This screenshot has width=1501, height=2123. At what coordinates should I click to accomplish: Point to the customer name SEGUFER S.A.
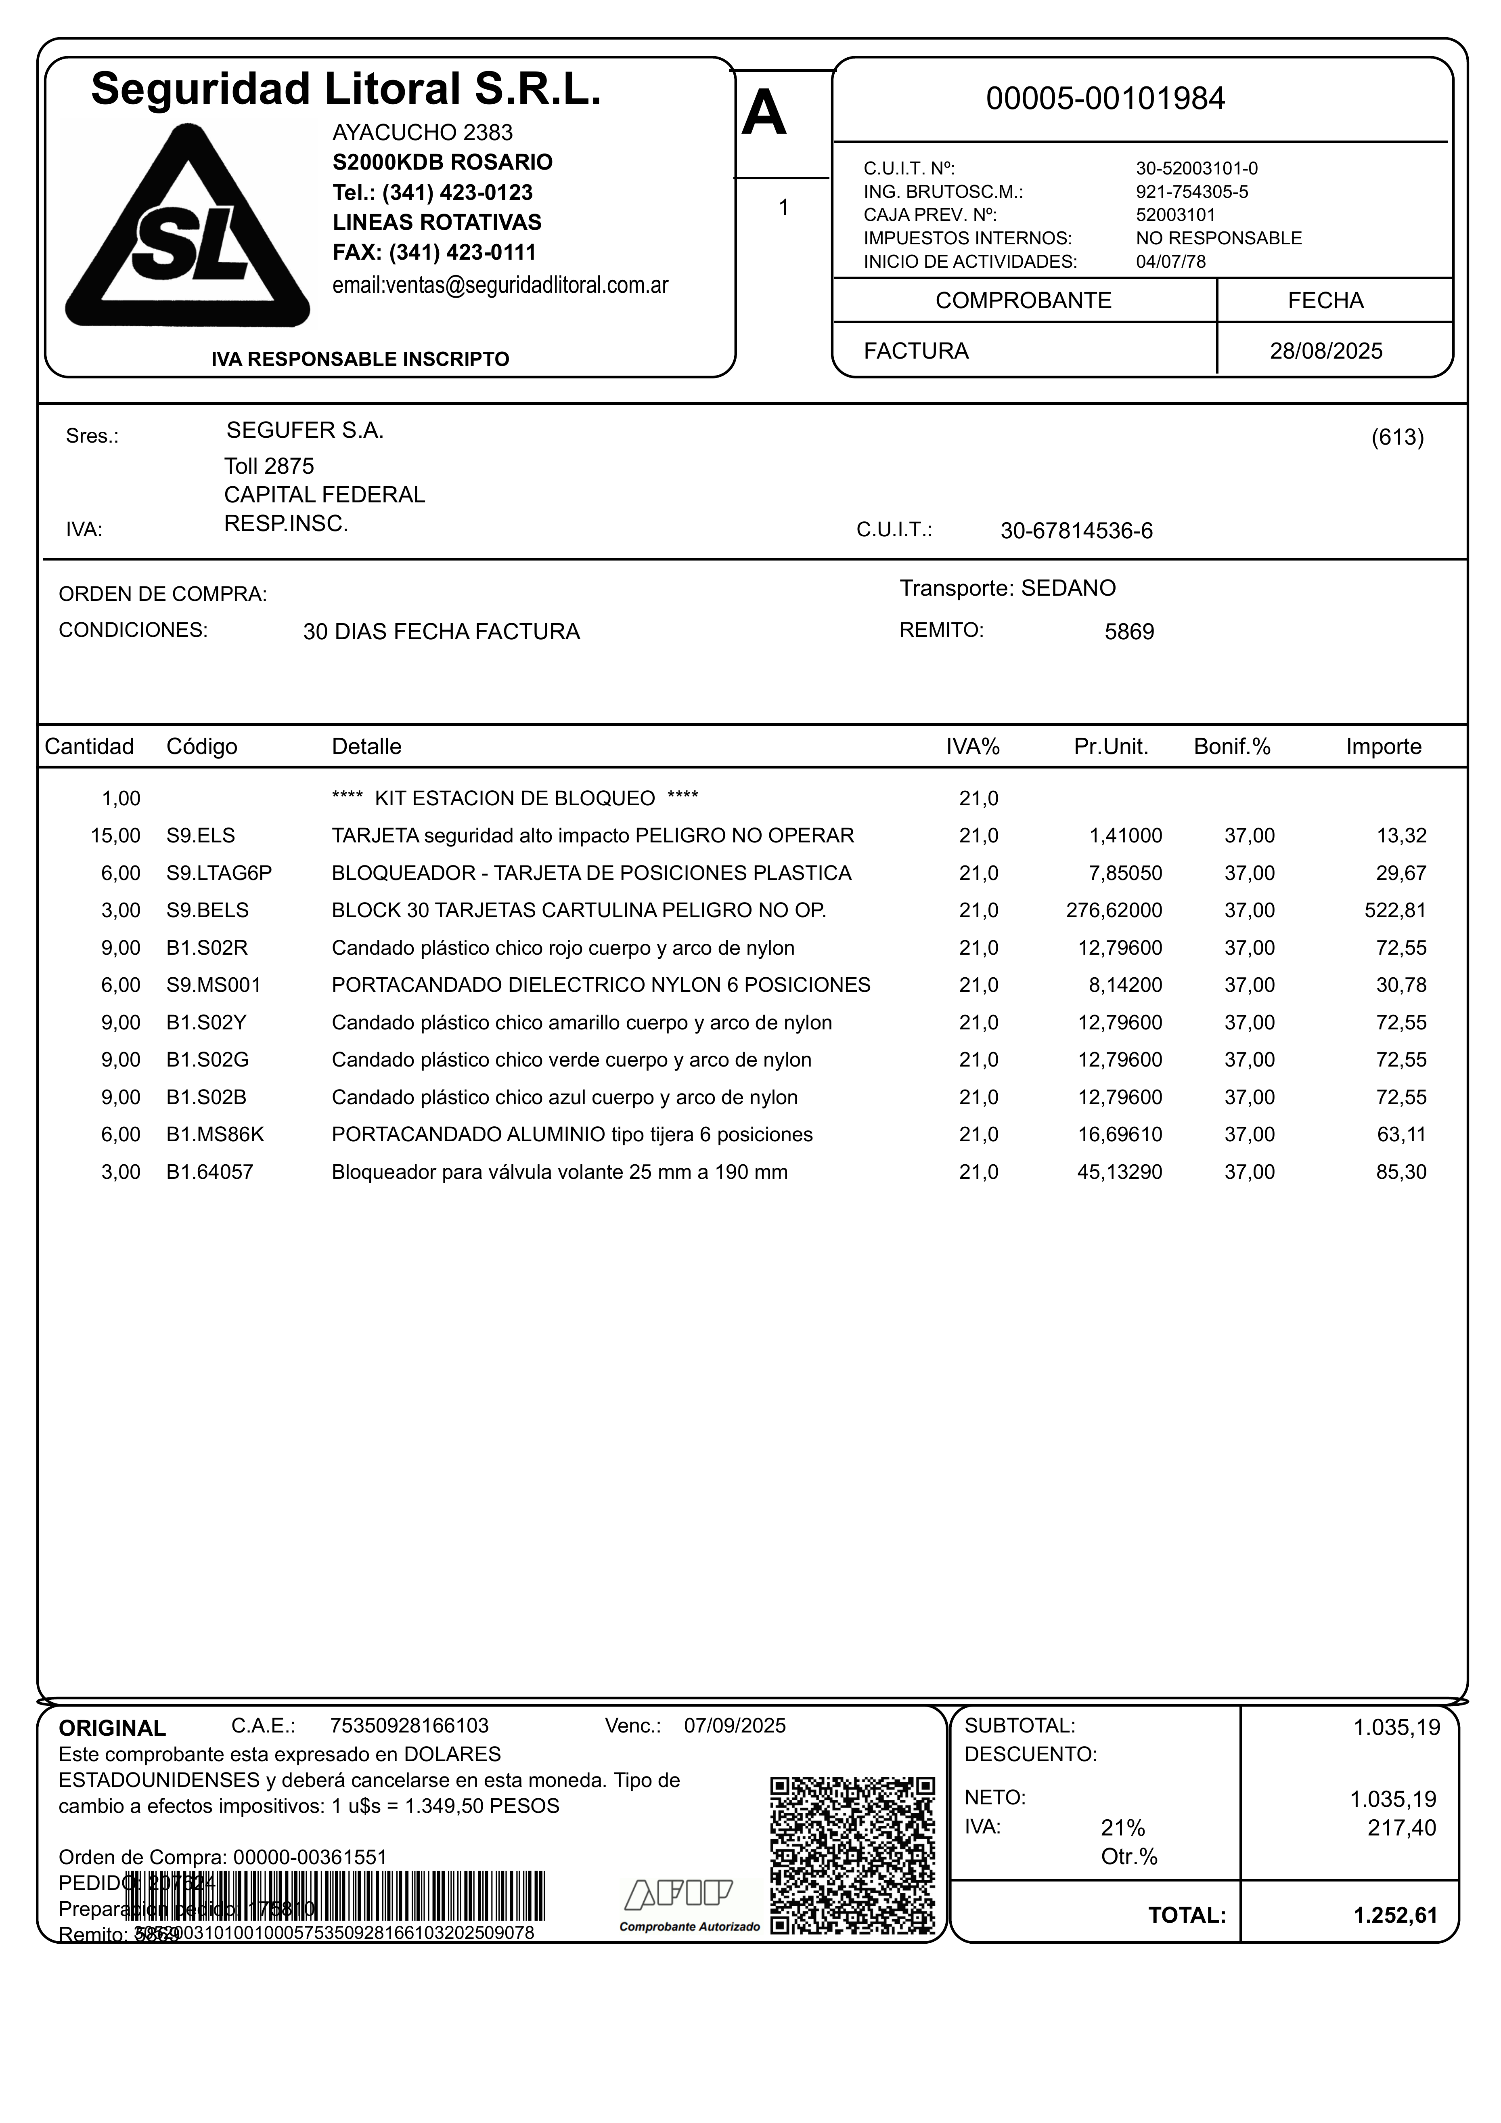point(305,430)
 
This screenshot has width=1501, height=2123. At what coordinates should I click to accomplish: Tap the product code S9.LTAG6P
point(219,873)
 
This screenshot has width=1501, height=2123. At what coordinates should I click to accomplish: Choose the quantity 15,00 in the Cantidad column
point(115,836)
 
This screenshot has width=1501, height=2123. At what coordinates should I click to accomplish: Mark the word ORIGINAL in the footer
point(112,1728)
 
